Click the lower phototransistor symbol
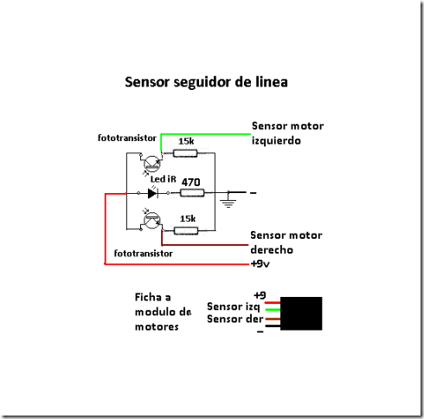(x=151, y=221)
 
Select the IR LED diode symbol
(x=152, y=193)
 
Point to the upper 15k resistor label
(x=185, y=141)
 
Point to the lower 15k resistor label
(x=187, y=217)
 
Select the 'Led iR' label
(x=164, y=179)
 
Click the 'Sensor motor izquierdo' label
(x=286, y=132)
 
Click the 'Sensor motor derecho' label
(x=286, y=242)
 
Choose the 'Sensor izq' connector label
(x=234, y=306)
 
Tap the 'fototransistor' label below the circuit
(x=143, y=254)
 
